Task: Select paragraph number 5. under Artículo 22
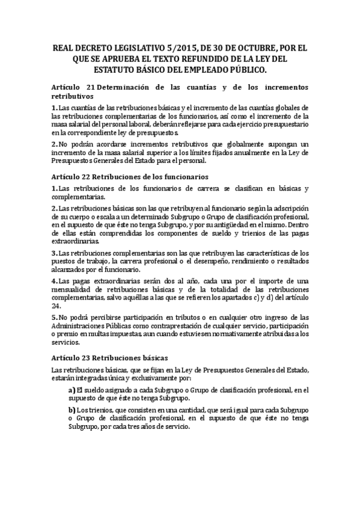[x=54, y=316]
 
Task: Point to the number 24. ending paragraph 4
[x=57, y=305]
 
